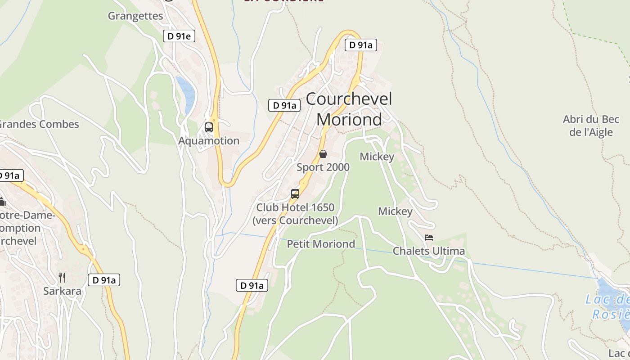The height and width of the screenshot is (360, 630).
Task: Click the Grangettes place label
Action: pyautogui.click(x=135, y=16)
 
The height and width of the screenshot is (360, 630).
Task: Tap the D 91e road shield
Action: pyautogui.click(x=179, y=36)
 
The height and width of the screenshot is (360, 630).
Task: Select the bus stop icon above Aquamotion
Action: pyautogui.click(x=209, y=127)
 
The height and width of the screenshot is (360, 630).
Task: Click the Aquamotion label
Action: pyautogui.click(x=209, y=141)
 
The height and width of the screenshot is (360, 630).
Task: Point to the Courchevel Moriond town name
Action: pyautogui.click(x=349, y=109)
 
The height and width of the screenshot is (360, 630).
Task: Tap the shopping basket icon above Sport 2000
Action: pyautogui.click(x=323, y=154)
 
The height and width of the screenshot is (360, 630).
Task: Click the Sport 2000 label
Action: pyautogui.click(x=323, y=167)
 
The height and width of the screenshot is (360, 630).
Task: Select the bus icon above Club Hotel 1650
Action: pyautogui.click(x=295, y=194)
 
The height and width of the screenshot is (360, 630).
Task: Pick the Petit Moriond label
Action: pyautogui.click(x=321, y=244)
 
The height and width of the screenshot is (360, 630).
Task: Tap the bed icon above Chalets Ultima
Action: pyautogui.click(x=429, y=237)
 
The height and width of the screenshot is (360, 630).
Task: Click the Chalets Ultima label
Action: pyautogui.click(x=429, y=251)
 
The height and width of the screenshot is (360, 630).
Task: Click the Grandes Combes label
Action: pyautogui.click(x=40, y=124)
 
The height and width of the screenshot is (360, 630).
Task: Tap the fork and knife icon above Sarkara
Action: pyautogui.click(x=62, y=277)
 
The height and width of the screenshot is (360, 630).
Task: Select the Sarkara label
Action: pyautogui.click(x=62, y=291)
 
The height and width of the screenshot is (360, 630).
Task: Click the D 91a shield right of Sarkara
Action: pyautogui.click(x=103, y=280)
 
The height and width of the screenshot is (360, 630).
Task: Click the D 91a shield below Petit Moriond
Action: pyautogui.click(x=252, y=285)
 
